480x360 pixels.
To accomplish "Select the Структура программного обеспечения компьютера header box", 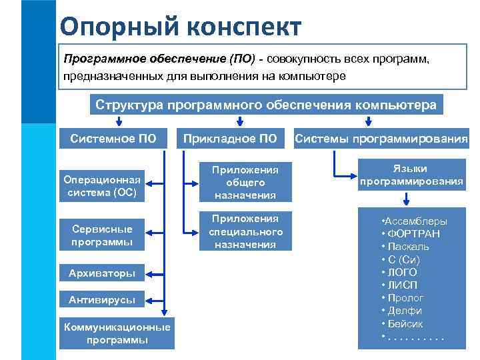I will (x=266, y=105).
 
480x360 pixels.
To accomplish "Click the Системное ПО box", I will (x=117, y=139).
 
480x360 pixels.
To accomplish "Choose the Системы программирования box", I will (x=382, y=139).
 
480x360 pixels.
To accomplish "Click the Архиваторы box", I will (x=102, y=273).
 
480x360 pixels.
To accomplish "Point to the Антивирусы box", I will (x=102, y=300).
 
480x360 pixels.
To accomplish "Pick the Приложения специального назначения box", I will (x=245, y=231).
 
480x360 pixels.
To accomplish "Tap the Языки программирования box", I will (x=411, y=175).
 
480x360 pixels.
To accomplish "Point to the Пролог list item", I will (x=406, y=297).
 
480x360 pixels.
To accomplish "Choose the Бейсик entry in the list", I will (x=405, y=323).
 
